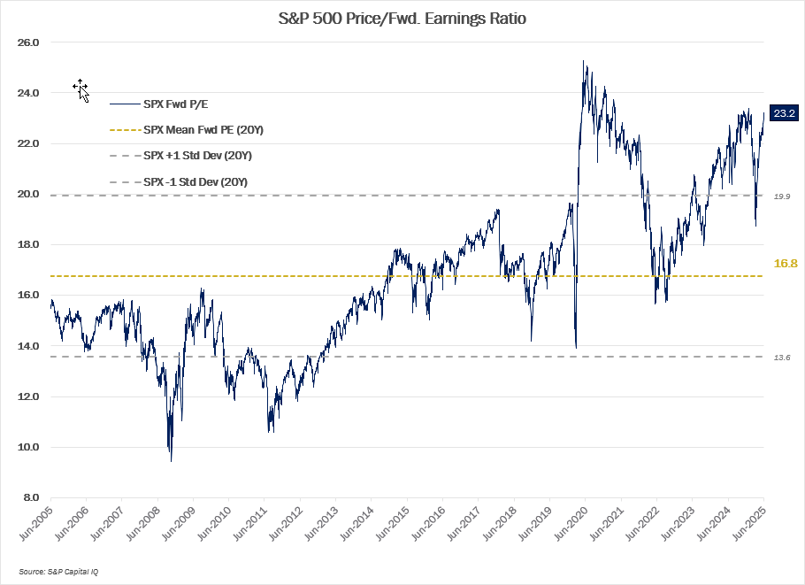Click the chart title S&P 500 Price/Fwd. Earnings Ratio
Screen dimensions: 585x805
[x=402, y=19]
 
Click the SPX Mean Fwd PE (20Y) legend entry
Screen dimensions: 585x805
[x=203, y=129]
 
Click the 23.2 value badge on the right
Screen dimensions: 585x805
[x=785, y=112]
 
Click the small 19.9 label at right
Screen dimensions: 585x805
[x=782, y=196]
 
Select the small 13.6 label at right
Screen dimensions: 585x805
[x=782, y=357]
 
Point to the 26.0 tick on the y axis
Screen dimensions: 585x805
[x=29, y=42]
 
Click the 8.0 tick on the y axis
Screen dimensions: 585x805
[x=31, y=497]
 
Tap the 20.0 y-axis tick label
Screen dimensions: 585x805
[x=29, y=194]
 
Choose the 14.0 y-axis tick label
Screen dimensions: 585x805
[x=29, y=346]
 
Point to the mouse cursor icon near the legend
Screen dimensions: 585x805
[x=80, y=89]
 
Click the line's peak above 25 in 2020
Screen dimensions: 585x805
[x=584, y=62]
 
